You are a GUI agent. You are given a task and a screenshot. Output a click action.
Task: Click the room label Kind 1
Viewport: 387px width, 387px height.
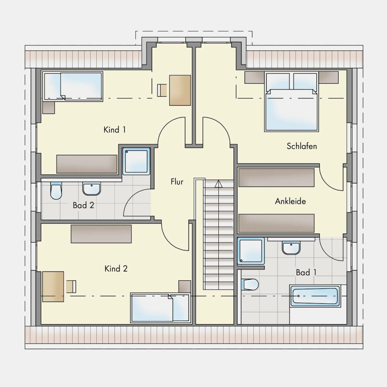[x=115, y=130]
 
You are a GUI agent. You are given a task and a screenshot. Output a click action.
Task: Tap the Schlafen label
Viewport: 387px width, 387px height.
[x=301, y=146]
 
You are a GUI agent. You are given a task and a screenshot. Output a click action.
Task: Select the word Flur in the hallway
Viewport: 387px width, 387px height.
[x=177, y=182]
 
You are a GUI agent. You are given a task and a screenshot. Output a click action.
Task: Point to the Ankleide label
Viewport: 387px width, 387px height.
[x=290, y=201]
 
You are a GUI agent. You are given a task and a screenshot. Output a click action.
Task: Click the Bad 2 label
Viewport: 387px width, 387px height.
[x=84, y=205]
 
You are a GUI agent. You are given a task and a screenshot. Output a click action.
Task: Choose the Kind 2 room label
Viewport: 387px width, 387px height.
[x=116, y=269]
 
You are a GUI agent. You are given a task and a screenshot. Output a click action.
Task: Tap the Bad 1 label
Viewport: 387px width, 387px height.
[x=306, y=272]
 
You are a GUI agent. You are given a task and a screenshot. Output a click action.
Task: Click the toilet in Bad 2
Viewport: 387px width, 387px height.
[x=56, y=190]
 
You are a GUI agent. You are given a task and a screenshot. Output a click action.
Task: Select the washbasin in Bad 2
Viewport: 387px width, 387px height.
[x=92, y=189]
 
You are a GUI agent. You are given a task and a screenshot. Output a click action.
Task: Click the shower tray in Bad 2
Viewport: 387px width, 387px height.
[x=136, y=161]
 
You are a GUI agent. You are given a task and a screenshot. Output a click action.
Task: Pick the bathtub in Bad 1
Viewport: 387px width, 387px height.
[x=314, y=296]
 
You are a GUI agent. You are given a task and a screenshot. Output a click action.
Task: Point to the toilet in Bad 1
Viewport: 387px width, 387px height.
[x=250, y=284]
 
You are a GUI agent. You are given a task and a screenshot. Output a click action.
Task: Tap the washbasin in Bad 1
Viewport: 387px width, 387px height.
[x=291, y=248]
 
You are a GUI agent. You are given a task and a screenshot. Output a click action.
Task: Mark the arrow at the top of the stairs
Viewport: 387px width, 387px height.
[x=218, y=183]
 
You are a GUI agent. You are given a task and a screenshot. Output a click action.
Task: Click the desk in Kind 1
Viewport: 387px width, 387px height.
[x=180, y=90]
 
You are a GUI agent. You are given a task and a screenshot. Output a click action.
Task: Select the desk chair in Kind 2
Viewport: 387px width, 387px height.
[x=71, y=286]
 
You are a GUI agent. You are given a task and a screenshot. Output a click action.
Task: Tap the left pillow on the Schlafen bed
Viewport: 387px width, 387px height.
[x=278, y=82]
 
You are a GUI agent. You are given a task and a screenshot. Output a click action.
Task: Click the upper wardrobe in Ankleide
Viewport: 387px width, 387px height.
[x=276, y=178]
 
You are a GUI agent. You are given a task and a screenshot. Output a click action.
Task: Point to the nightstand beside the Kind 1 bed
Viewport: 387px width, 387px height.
[x=48, y=108]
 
